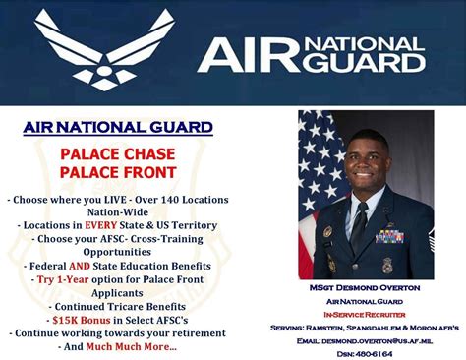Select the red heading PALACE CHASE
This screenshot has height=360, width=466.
click(x=117, y=154)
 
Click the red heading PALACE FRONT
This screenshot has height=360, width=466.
click(x=117, y=173)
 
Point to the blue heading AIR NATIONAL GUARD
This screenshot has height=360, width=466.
click(x=117, y=127)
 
